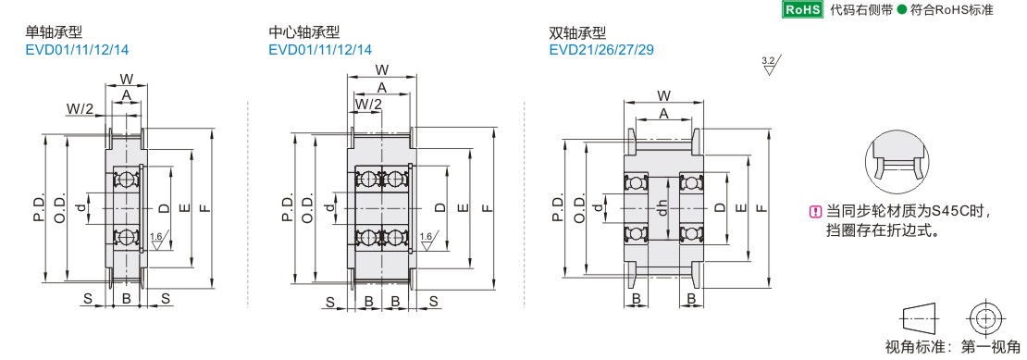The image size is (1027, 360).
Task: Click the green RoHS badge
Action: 803,9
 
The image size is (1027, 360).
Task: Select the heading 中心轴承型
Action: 303,31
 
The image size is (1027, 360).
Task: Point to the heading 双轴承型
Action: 577,32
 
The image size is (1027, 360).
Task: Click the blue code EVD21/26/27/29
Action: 601,50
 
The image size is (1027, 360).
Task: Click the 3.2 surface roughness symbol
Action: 772,66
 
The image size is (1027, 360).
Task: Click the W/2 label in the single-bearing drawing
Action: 80,108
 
